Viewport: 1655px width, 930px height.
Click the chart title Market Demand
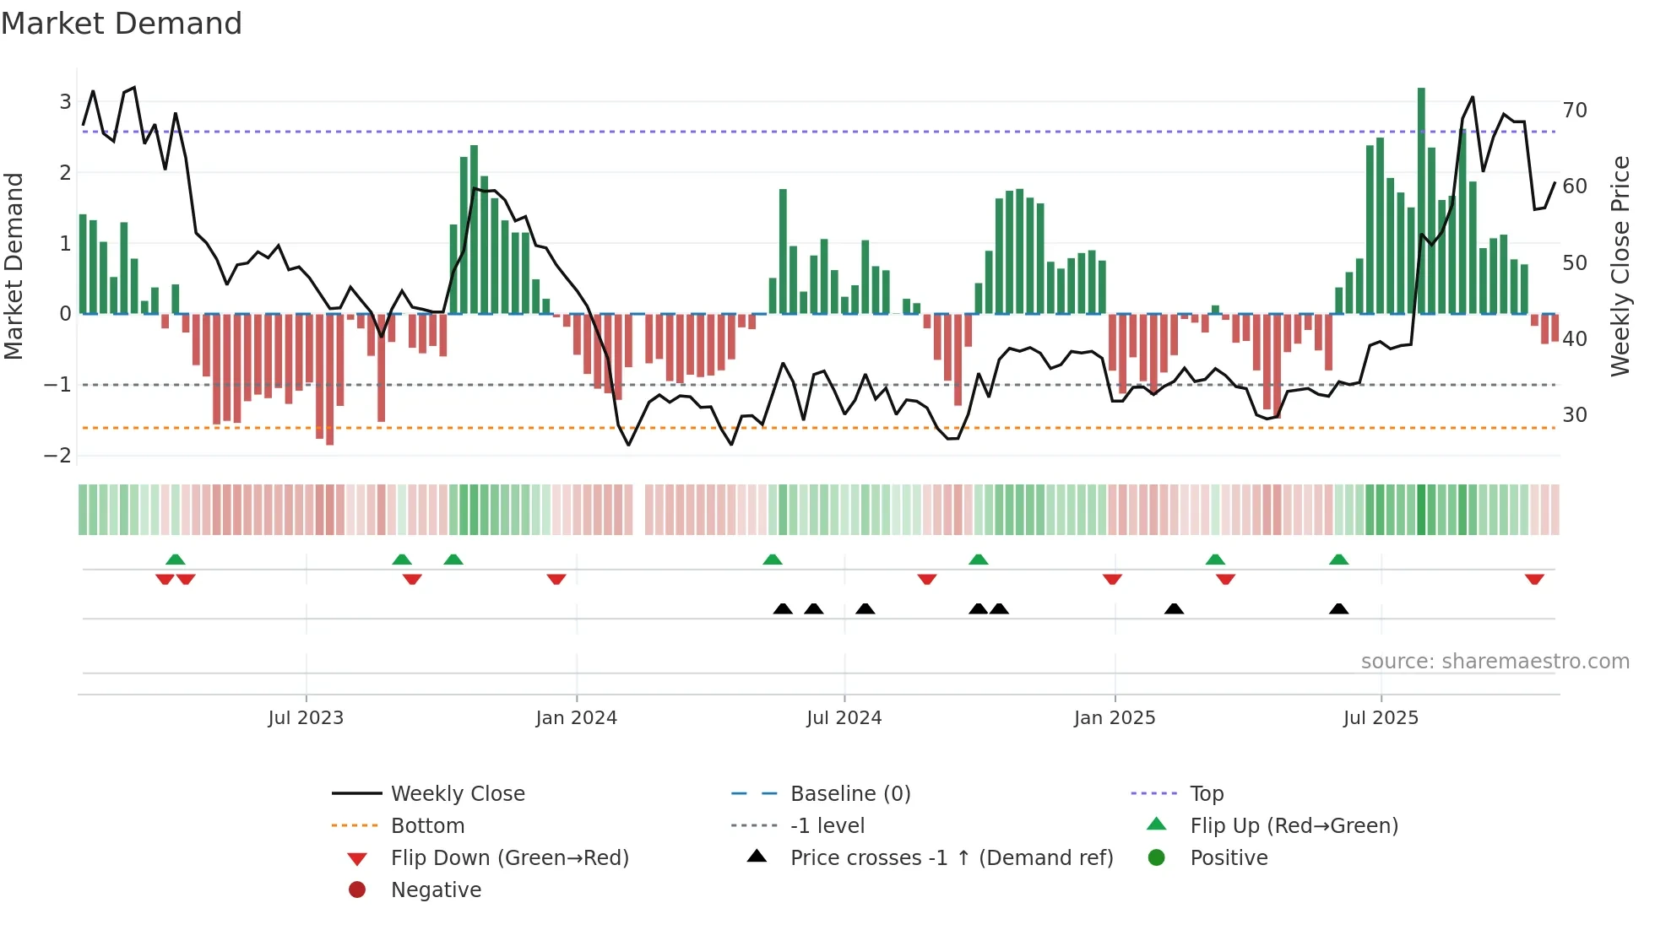122,24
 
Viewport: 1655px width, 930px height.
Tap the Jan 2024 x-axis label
576,718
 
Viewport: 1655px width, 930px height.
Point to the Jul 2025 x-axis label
1381,718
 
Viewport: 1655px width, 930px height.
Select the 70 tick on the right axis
1575,110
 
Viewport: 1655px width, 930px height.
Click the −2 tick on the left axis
57,456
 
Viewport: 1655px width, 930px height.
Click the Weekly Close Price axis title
1620,266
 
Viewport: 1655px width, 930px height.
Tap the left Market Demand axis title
14,266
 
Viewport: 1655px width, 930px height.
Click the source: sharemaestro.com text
1495,662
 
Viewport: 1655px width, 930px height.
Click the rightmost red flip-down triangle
1534,579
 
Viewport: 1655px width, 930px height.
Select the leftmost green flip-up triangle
175,560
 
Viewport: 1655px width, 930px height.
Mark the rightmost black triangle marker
1338,608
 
